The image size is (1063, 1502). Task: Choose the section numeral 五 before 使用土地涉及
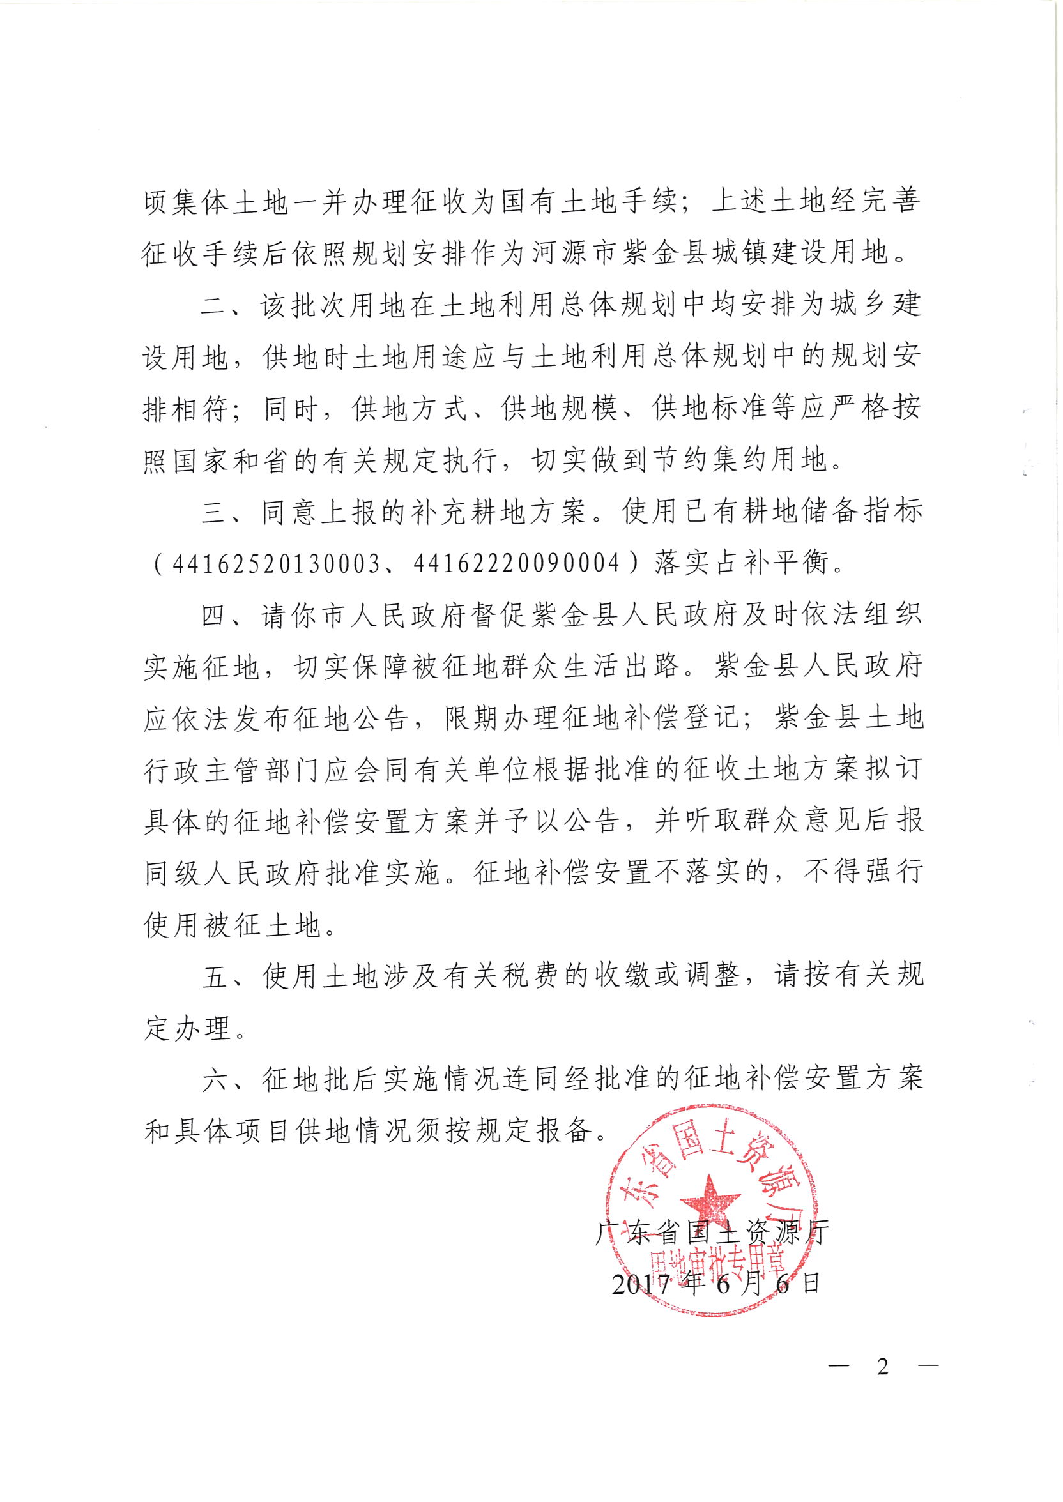[x=214, y=976]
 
